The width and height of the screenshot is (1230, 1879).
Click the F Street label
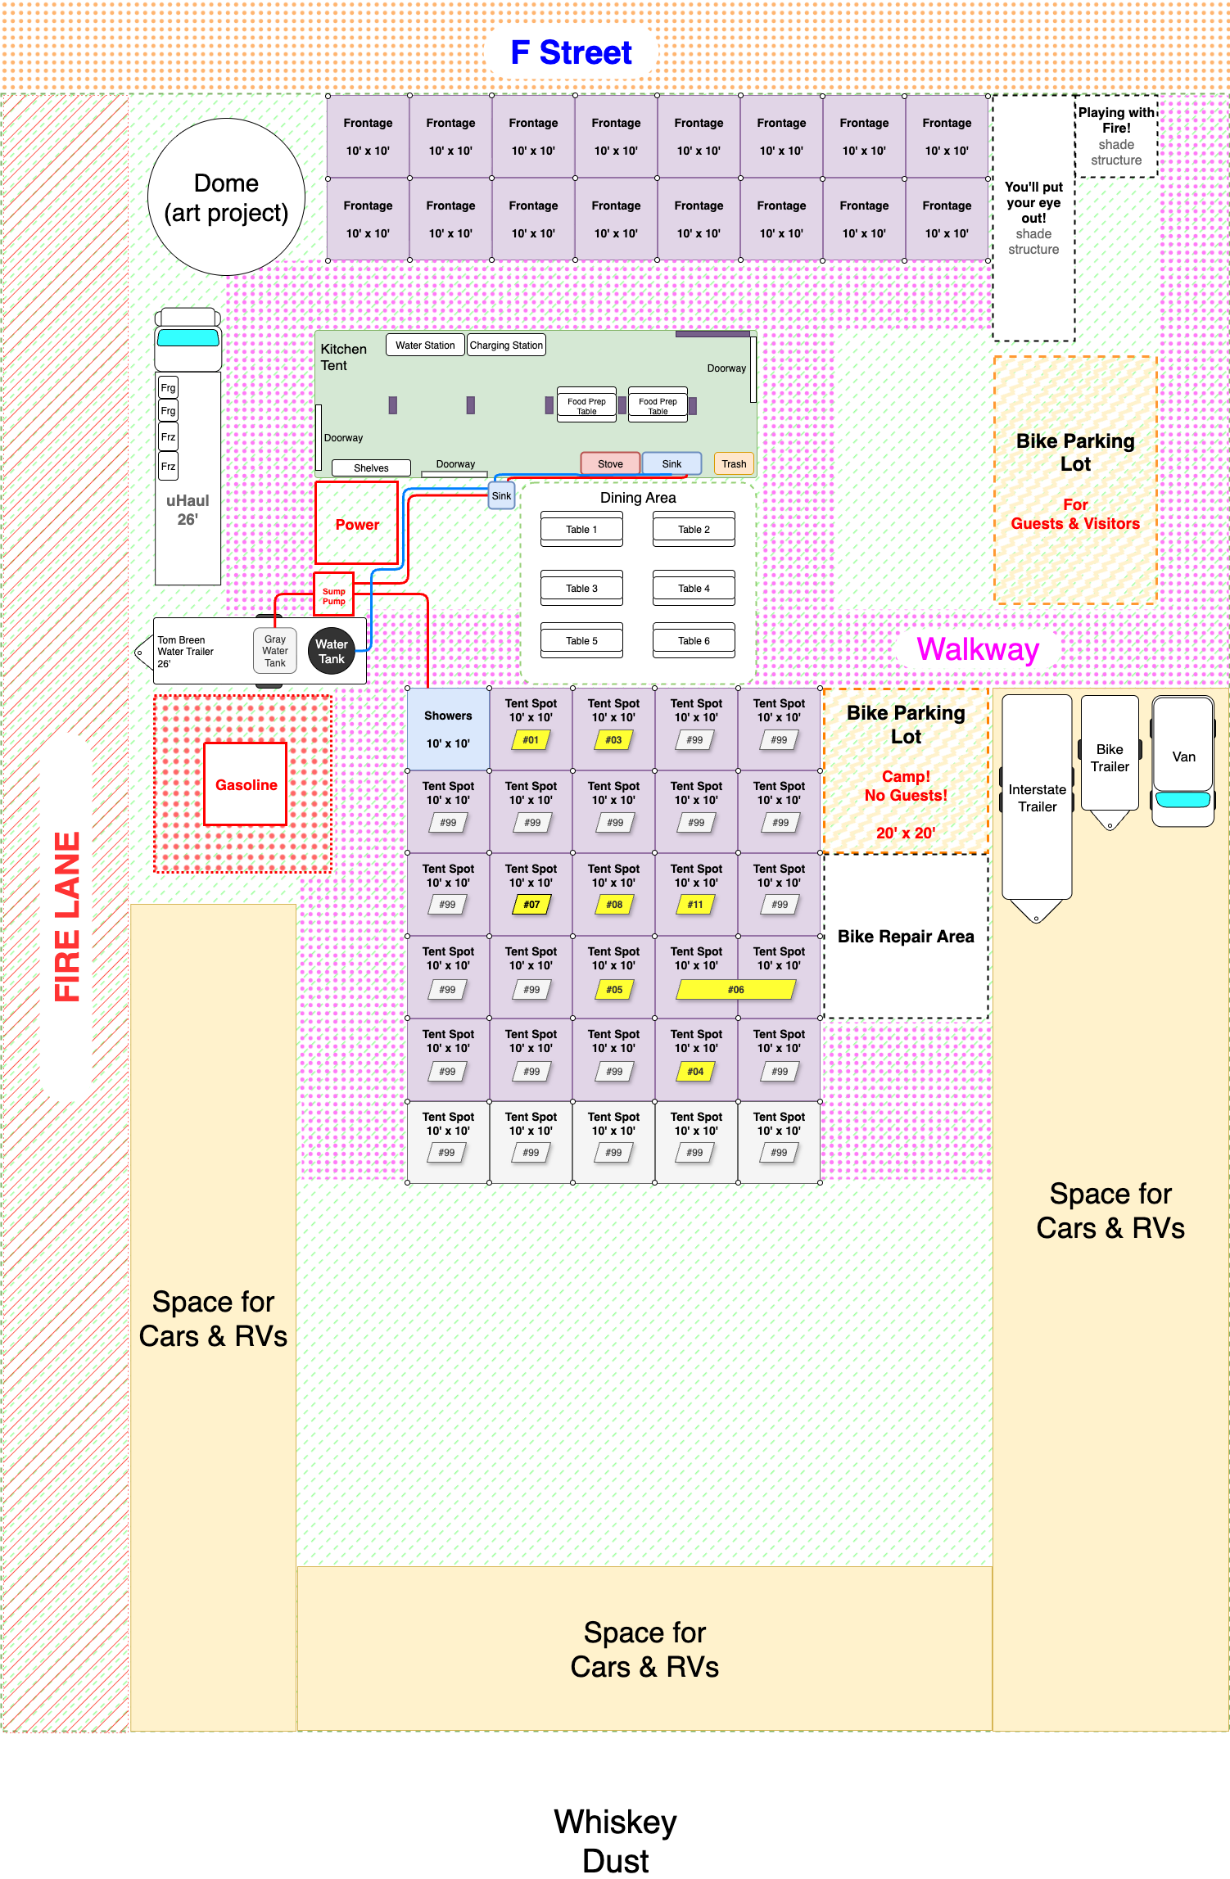pos(571,52)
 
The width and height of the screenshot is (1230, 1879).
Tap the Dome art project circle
pos(226,197)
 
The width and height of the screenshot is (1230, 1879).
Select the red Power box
pos(357,523)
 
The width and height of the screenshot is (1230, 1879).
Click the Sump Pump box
pos(333,594)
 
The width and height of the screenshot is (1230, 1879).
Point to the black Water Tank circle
pos(332,651)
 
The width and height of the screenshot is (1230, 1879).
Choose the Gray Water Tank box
pos(275,651)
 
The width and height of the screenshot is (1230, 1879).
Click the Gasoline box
pos(246,784)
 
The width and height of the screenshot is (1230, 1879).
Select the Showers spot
pos(449,729)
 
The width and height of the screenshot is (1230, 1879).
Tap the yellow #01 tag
pos(531,740)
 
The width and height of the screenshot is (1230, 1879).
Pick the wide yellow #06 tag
pos(736,990)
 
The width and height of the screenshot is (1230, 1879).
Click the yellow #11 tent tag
pos(695,905)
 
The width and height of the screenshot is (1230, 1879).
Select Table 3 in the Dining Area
pos(581,589)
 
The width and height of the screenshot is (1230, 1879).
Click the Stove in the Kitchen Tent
pos(610,463)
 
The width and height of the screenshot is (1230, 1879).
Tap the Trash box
pos(734,463)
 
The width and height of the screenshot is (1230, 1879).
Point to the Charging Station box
pos(506,345)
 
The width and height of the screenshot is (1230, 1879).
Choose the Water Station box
pos(425,345)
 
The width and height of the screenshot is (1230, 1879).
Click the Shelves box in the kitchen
pos(371,468)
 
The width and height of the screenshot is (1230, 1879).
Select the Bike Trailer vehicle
pos(1110,761)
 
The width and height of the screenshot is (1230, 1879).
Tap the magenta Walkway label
pos(978,649)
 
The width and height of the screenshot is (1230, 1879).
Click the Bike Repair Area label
pos(906,937)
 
